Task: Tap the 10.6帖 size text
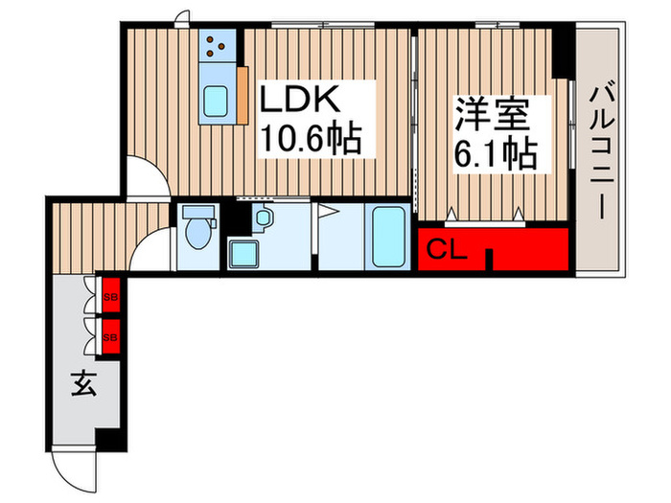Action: pos(312,141)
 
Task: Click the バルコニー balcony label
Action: pos(603,153)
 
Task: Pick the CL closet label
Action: pos(446,252)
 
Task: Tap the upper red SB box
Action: pos(110,295)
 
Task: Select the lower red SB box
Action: pos(110,336)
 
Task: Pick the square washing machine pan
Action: pos(244,254)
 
